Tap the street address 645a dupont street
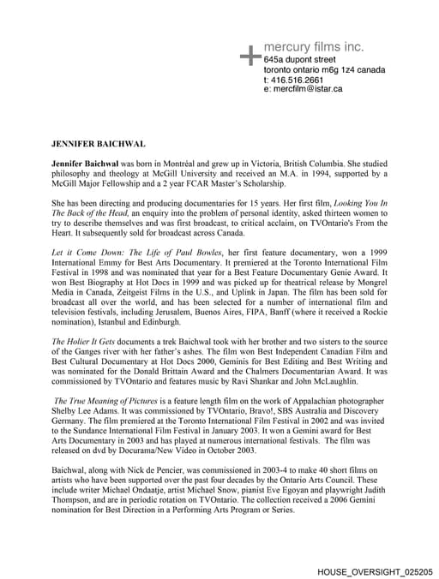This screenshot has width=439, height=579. tap(307, 59)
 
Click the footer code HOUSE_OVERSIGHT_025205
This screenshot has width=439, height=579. tap(375, 570)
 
